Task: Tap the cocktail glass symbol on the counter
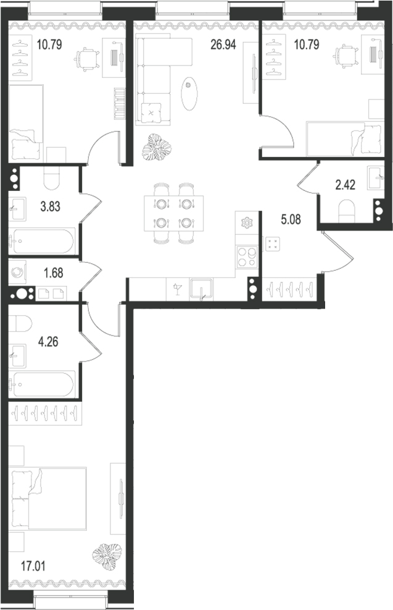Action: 177,289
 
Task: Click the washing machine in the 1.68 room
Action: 17,271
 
